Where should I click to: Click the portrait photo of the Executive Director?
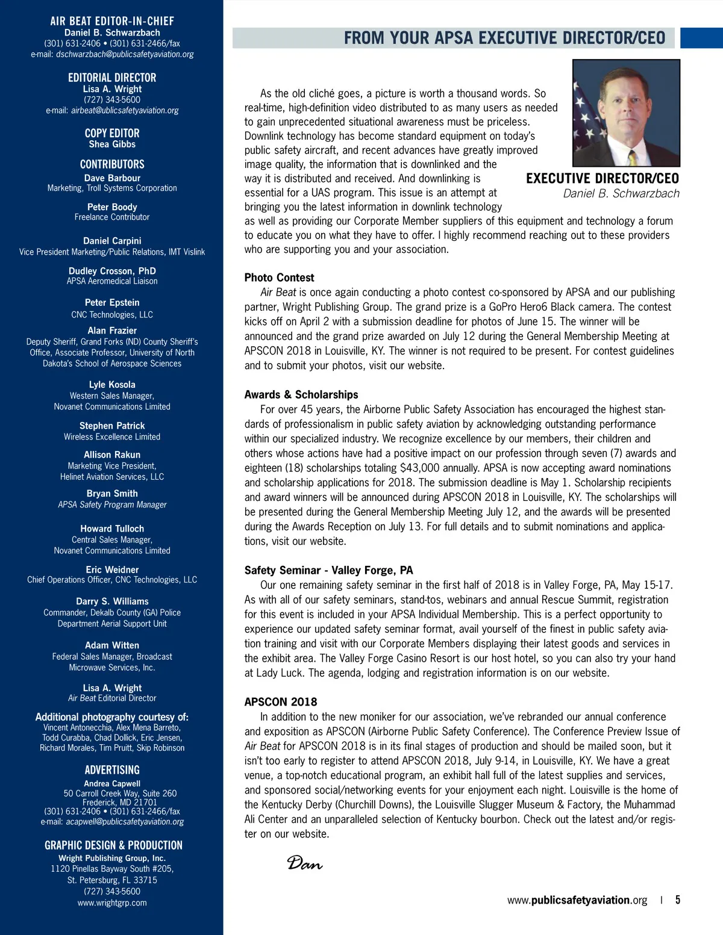(x=626, y=113)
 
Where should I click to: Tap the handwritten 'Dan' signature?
(x=304, y=863)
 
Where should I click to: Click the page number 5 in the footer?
(x=678, y=900)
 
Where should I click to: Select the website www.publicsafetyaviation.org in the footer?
(x=577, y=900)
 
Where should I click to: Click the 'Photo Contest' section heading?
(x=279, y=278)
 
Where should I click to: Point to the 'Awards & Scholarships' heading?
(x=301, y=394)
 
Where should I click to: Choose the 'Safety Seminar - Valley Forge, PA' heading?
(x=328, y=570)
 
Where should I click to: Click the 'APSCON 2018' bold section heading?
(x=281, y=701)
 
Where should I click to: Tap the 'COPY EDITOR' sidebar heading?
(x=112, y=133)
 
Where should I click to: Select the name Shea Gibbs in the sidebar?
(x=112, y=144)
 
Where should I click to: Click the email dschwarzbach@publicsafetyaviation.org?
(x=125, y=54)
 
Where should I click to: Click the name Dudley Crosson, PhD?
(x=112, y=271)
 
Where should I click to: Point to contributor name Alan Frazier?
(x=112, y=331)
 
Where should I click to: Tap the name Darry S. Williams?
(x=112, y=601)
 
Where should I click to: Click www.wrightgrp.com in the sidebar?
(x=112, y=902)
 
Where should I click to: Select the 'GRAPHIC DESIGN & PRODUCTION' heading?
(x=113, y=845)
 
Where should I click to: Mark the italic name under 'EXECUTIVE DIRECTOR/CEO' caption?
(x=621, y=193)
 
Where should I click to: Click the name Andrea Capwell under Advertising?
(x=112, y=783)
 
